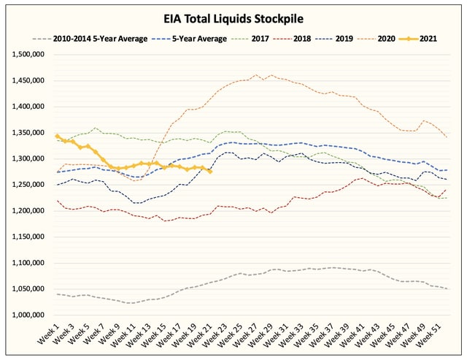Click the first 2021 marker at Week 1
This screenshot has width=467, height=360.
point(57,137)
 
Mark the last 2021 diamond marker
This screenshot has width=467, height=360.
point(210,172)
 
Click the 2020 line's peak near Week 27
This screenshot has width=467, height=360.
point(256,74)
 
